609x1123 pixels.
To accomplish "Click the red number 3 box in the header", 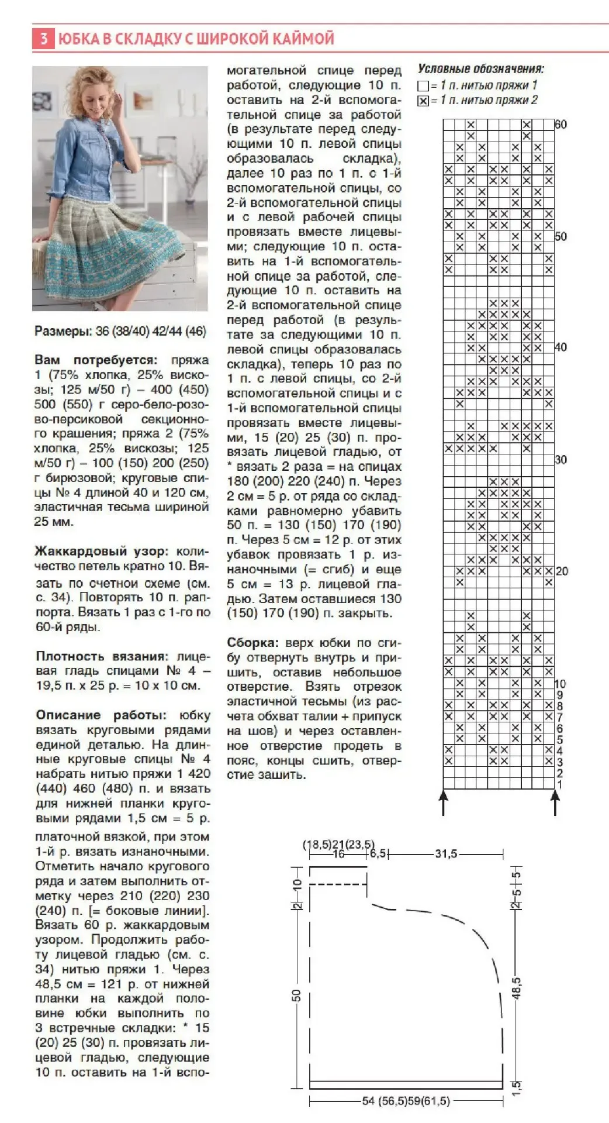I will click(x=43, y=39).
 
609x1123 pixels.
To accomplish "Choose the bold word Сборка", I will click(x=252, y=643).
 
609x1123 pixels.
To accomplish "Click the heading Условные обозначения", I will click(x=480, y=69).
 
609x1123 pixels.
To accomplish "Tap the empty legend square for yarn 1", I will click(x=423, y=86).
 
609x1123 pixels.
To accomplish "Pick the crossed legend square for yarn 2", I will click(x=423, y=101).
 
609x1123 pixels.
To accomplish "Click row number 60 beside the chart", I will click(x=560, y=125).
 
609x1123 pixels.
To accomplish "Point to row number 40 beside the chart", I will click(x=560, y=347).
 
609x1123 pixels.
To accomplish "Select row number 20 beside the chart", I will click(x=561, y=571).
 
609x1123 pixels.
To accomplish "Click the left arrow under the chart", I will click(x=444, y=801).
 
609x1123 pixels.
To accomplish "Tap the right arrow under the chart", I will click(x=555, y=801).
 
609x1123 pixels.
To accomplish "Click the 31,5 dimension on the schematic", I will click(x=446, y=854).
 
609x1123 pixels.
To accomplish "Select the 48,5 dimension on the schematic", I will click(x=517, y=988).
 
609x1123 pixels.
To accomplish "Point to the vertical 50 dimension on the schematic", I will click(x=297, y=995).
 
